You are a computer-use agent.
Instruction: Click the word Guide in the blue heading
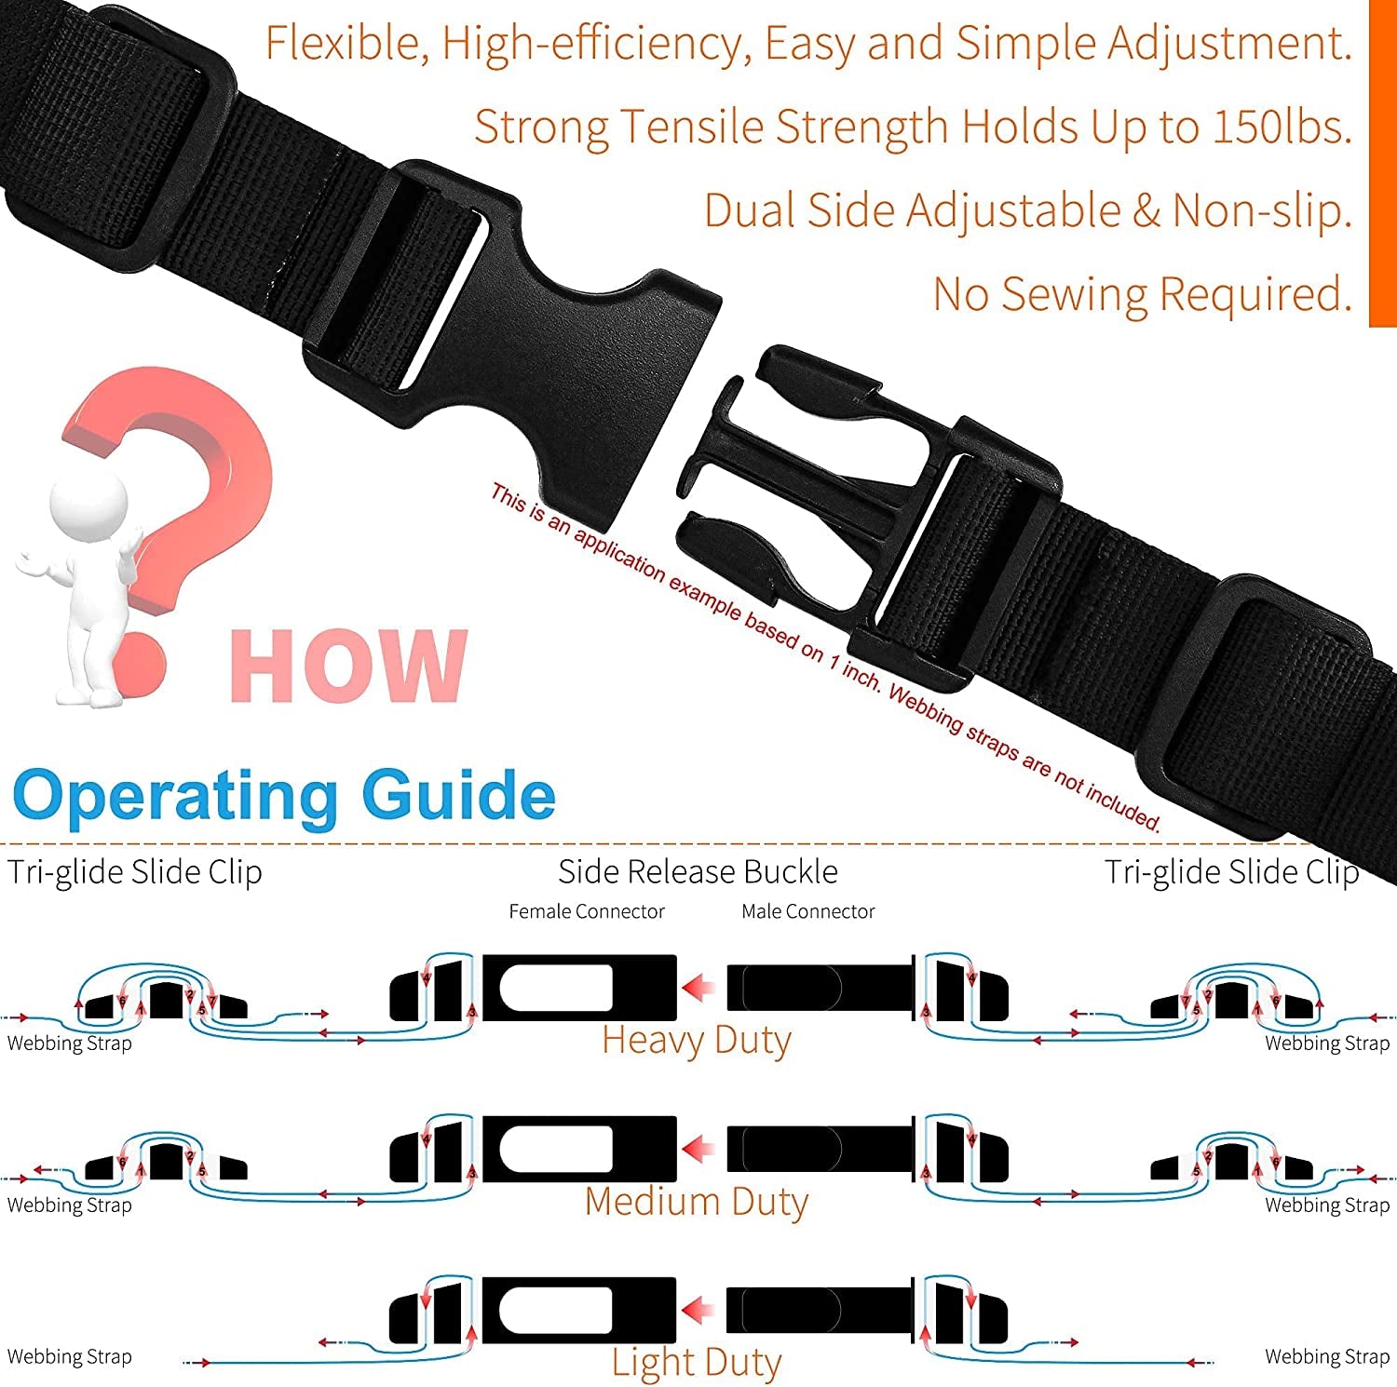tap(458, 796)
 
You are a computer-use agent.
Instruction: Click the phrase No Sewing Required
tap(1142, 294)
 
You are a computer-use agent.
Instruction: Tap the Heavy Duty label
tap(697, 1040)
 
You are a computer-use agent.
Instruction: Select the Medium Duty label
tap(697, 1202)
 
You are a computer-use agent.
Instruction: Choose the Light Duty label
tap(697, 1363)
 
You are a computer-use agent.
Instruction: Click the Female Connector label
tap(587, 911)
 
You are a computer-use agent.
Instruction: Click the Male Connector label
tap(807, 911)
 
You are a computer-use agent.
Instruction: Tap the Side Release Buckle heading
tap(698, 871)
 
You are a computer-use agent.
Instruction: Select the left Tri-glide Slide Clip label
tap(135, 872)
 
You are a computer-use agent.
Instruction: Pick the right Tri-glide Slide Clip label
tap(1231, 872)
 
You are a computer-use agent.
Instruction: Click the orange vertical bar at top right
tap(1382, 163)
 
